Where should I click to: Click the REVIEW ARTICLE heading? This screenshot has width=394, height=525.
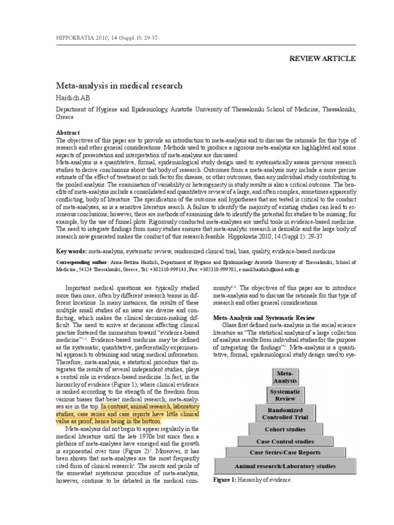322,58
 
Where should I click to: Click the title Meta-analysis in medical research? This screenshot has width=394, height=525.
119,85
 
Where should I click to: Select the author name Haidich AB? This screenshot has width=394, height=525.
73,97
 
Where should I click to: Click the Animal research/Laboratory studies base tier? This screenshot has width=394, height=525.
285,466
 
